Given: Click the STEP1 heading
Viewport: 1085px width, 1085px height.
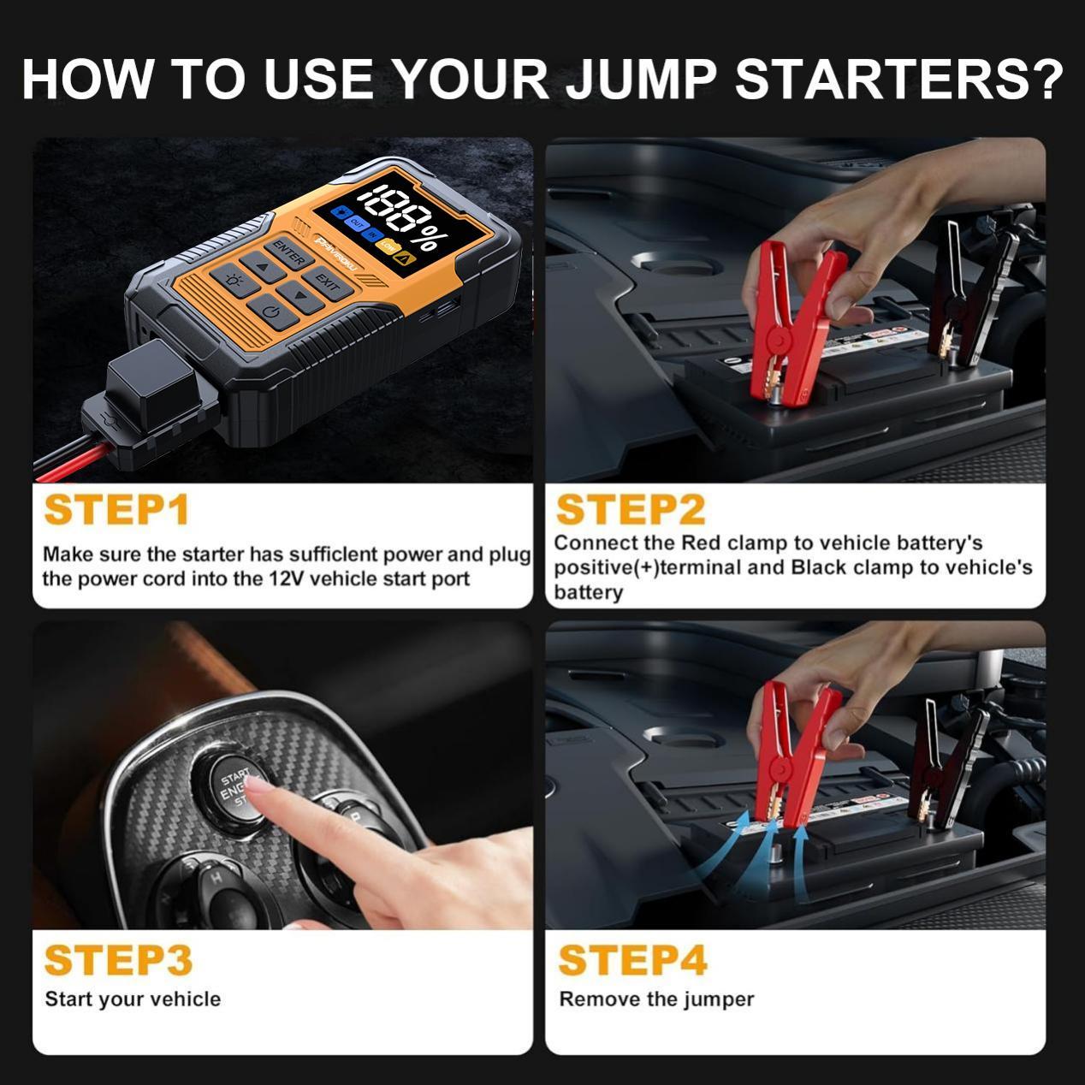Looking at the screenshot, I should click(x=116, y=510).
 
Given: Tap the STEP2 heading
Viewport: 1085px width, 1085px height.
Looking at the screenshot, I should click(x=630, y=510).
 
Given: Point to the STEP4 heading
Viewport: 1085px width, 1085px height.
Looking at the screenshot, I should click(x=632, y=960).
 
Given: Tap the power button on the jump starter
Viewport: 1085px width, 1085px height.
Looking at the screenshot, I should click(x=272, y=311).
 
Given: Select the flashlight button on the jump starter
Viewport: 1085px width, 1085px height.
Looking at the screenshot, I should click(x=232, y=280).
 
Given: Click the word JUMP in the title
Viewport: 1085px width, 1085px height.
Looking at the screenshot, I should click(x=642, y=79).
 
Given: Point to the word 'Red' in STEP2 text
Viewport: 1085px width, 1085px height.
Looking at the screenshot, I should click(x=701, y=543).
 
